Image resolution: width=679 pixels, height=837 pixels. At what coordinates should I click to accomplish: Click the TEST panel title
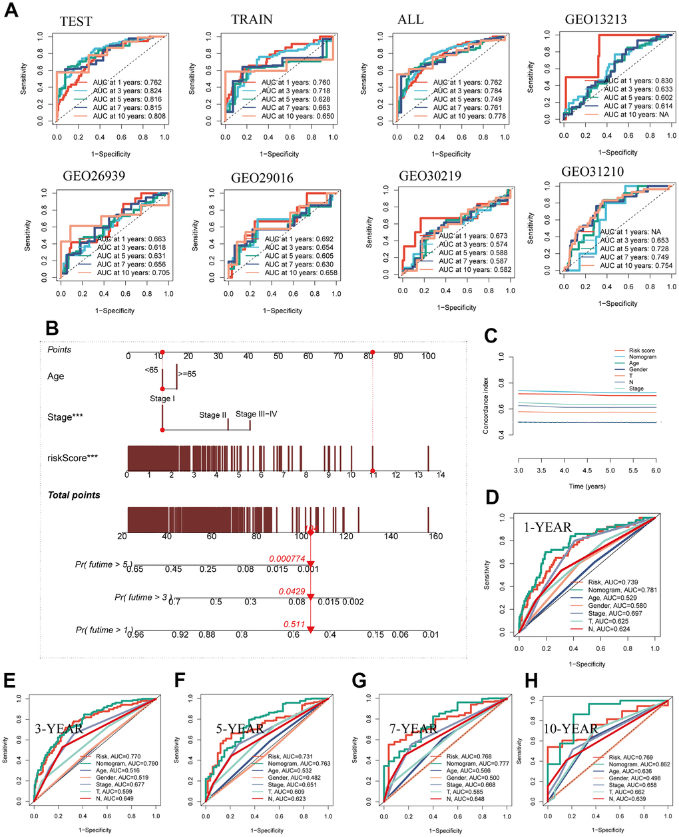75,21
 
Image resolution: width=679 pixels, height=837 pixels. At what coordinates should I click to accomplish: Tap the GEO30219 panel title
431,176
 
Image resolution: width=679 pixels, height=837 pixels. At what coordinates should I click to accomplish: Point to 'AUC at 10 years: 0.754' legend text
636,265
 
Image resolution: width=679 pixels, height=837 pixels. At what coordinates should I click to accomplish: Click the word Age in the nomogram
56,376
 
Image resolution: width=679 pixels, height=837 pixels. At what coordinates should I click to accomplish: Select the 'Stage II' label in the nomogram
213,415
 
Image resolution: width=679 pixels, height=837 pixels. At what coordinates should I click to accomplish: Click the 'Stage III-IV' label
256,414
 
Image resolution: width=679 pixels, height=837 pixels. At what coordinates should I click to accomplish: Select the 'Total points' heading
74,495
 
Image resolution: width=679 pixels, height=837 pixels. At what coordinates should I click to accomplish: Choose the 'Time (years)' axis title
586,486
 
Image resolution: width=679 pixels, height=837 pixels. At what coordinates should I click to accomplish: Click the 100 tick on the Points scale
427,356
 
